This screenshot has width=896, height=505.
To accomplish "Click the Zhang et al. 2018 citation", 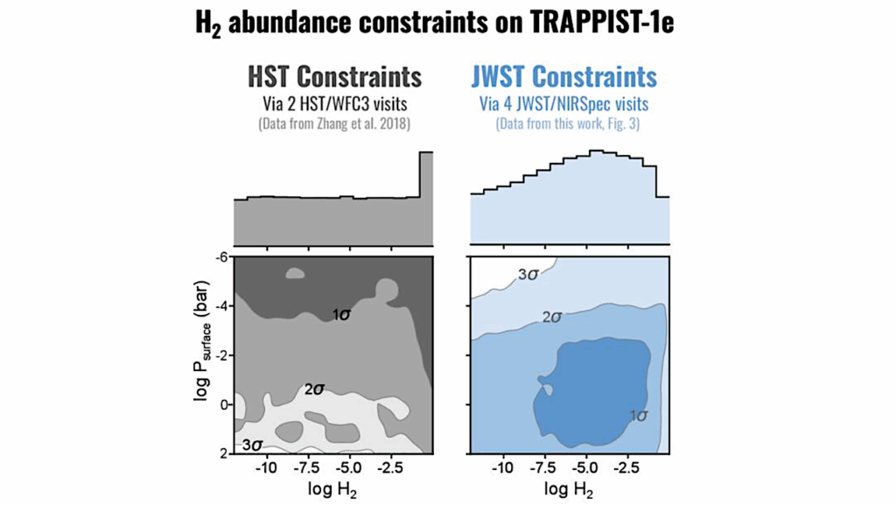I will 335,123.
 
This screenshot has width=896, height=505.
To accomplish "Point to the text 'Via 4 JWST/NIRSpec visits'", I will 563,104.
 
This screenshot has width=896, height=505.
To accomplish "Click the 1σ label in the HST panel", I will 341,313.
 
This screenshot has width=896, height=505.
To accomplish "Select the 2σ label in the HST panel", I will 314,389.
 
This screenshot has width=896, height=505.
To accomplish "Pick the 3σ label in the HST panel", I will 252,445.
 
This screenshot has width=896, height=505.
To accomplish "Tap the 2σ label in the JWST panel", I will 551,317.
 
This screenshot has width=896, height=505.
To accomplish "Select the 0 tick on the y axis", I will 223,404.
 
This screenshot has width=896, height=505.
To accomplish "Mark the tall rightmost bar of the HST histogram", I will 426,197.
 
